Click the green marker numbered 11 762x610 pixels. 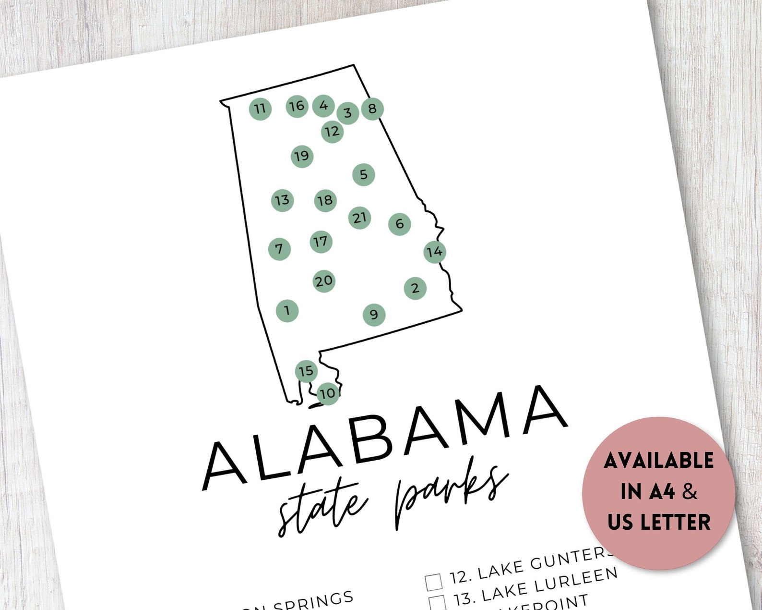pyautogui.click(x=260, y=109)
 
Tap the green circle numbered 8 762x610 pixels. pyautogui.click(x=372, y=109)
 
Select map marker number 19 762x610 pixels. pyautogui.click(x=302, y=156)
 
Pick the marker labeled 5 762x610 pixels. pyautogui.click(x=363, y=174)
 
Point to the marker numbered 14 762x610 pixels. pyautogui.click(x=435, y=251)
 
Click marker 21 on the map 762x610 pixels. pyautogui.click(x=360, y=218)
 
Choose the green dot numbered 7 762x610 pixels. pyautogui.click(x=279, y=249)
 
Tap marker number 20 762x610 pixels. pyautogui.click(x=324, y=281)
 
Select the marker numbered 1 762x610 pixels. pyautogui.click(x=287, y=310)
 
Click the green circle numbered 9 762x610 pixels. pyautogui.click(x=374, y=315)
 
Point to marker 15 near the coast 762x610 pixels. pyautogui.click(x=306, y=371)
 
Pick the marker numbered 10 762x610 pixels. pyautogui.click(x=328, y=394)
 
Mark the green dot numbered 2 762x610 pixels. pyautogui.click(x=415, y=288)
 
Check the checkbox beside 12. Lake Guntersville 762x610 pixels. pyautogui.click(x=433, y=582)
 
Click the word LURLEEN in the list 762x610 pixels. pyautogui.click(x=575, y=580)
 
